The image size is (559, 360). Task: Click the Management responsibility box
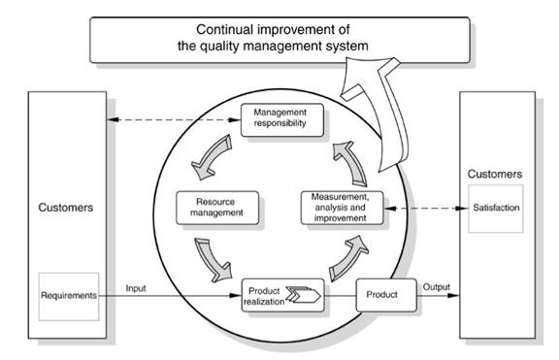pyautogui.click(x=282, y=120)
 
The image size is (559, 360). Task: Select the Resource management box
pyautogui.click(x=217, y=208)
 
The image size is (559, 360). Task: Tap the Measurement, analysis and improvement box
pyautogui.click(x=342, y=208)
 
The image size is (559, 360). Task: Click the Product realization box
pyautogui.click(x=283, y=296)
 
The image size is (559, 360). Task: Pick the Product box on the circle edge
pyautogui.click(x=386, y=295)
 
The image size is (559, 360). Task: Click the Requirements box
pyautogui.click(x=69, y=297)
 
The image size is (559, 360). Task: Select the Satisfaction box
pyautogui.click(x=496, y=209)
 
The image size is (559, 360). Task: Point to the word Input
pyautogui.click(x=136, y=288)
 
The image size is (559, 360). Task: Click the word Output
pyautogui.click(x=437, y=286)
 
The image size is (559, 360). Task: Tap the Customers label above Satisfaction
pyautogui.click(x=495, y=174)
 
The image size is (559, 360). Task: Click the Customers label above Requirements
pyautogui.click(x=66, y=208)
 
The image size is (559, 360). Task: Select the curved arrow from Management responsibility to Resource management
pyautogui.click(x=211, y=158)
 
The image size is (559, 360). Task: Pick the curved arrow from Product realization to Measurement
pyautogui.click(x=347, y=259)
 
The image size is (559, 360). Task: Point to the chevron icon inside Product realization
pyautogui.click(x=304, y=294)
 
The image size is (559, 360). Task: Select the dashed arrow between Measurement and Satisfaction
pyautogui.click(x=426, y=209)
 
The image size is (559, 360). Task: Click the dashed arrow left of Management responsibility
pyautogui.click(x=174, y=119)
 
